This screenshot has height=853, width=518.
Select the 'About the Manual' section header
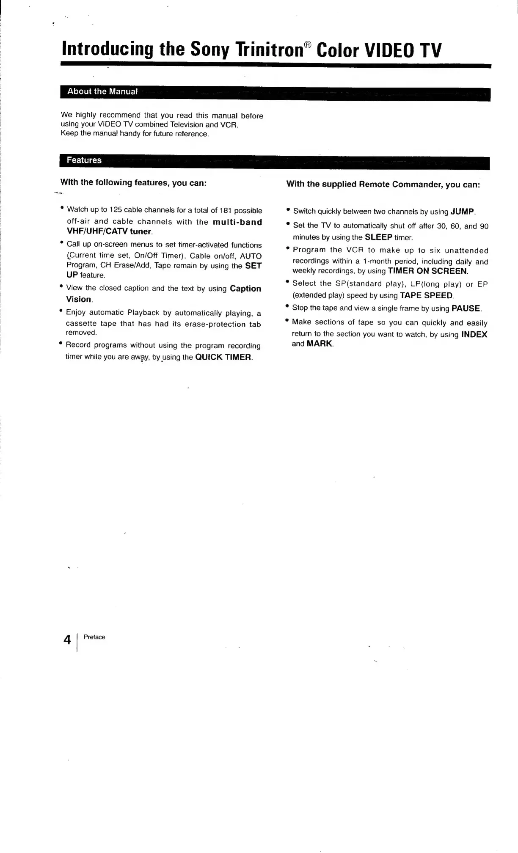[x=102, y=91]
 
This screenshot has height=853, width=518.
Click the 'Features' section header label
[x=84, y=160]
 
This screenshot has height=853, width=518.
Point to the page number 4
[x=67, y=640]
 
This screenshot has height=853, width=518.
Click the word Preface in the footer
[x=94, y=637]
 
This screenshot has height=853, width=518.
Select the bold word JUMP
[x=463, y=211]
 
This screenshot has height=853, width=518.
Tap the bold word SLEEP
[x=378, y=237]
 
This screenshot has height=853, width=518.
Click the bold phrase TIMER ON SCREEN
[x=427, y=271]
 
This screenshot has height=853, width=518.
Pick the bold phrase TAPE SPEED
[x=426, y=295]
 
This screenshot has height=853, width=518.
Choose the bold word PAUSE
[x=466, y=308]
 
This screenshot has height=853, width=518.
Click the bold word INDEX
[x=474, y=334]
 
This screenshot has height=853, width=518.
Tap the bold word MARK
[x=320, y=344]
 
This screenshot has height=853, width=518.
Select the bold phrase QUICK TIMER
[x=223, y=357]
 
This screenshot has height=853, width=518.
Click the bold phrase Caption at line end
[x=245, y=289]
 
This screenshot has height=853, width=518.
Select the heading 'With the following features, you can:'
[x=133, y=182]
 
